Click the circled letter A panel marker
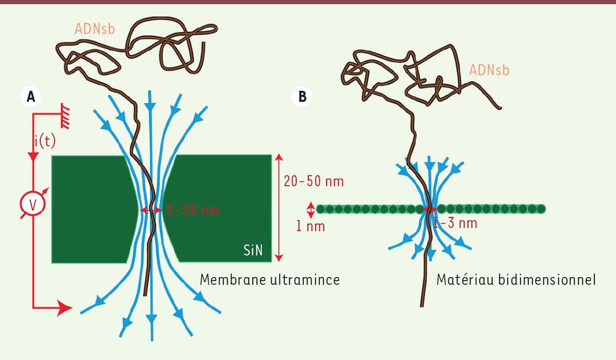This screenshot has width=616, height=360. (31, 97)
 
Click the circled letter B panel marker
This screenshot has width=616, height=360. (302, 97)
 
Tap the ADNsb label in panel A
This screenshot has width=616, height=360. (95, 29)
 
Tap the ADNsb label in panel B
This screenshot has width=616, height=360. (489, 70)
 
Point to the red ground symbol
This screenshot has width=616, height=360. (66, 116)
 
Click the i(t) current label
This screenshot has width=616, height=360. (45, 142)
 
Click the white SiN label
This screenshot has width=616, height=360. (253, 250)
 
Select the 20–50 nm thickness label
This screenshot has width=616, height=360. (314, 181)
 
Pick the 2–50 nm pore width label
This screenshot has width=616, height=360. (193, 210)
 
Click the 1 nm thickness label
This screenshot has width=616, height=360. (310, 227)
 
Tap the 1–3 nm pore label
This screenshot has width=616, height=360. (455, 223)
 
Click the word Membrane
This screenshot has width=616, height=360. (233, 280)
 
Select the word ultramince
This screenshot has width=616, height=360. (305, 280)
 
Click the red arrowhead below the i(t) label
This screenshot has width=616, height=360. (34, 157)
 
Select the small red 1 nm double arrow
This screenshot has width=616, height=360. (310, 210)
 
